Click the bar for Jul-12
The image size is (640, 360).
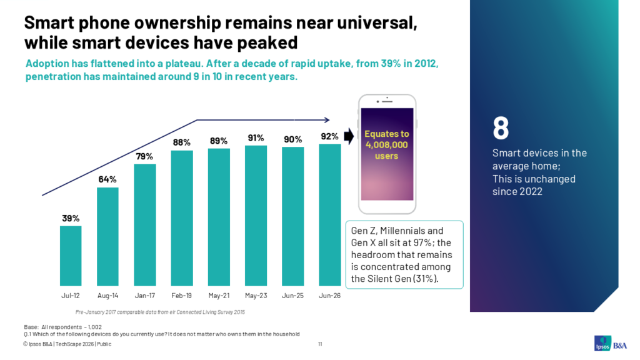tap(71, 256)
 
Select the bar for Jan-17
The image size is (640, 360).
tap(145, 225)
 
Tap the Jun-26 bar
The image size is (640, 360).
tap(330, 215)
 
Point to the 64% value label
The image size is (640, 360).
tap(107, 179)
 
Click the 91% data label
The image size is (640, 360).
tap(256, 138)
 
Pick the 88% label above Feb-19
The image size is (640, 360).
tap(182, 142)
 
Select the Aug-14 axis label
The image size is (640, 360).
tap(107, 296)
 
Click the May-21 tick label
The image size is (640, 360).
tap(219, 296)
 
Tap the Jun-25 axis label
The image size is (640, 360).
tap(292, 296)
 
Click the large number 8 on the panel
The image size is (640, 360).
tap(501, 127)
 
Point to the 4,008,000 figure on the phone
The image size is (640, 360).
tap(386, 145)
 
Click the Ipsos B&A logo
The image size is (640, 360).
tap(610, 343)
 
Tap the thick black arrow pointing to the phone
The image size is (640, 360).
tap(349, 136)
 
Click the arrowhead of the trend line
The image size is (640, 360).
tap(327, 120)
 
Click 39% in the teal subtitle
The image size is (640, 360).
tap(391, 64)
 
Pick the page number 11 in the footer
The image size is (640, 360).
tap(320, 344)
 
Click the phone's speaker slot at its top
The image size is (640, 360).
tap(387, 101)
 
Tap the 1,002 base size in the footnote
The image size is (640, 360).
tap(95, 327)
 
